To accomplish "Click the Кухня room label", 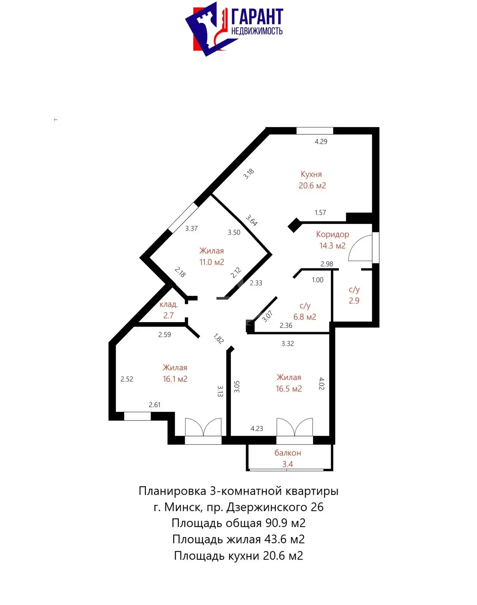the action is [x=311, y=174].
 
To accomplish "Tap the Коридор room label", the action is [x=332, y=234].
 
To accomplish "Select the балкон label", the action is [x=288, y=453].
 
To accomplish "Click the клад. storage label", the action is [x=169, y=304].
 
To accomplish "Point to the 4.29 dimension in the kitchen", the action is [x=321, y=141].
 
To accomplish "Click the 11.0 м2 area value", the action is [x=212, y=262].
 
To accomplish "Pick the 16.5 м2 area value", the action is [x=288, y=389].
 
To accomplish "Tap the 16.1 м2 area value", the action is [x=175, y=379].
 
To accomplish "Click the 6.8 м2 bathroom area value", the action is [x=305, y=317].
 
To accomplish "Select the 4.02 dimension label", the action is [x=321, y=383].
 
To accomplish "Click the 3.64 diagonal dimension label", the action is [x=251, y=220].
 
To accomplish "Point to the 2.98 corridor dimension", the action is [x=327, y=264].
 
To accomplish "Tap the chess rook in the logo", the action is [x=207, y=29].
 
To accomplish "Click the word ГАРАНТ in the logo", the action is [x=257, y=17].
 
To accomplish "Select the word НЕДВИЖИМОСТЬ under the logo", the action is [x=257, y=31].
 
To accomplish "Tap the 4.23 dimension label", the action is [x=257, y=428].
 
